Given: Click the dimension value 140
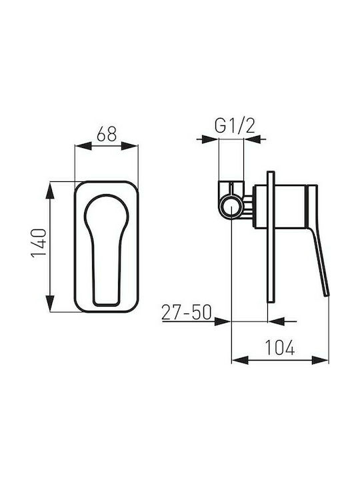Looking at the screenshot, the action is pyautogui.click(x=39, y=243).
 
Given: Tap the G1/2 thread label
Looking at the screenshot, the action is pyautogui.click(x=235, y=126).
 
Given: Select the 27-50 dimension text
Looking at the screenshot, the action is pyautogui.click(x=187, y=312).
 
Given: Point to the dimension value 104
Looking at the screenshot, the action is pyautogui.click(x=280, y=347).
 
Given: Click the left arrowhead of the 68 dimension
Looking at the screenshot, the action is pyautogui.click(x=83, y=146).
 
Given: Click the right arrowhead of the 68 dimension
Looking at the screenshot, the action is pyautogui.click(x=130, y=146).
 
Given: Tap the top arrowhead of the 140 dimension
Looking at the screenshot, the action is pyautogui.click(x=50, y=191).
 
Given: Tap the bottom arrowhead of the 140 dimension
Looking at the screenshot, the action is pyautogui.click(x=50, y=303).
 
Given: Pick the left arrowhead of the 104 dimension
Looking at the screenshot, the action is pyautogui.click(x=240, y=360).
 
